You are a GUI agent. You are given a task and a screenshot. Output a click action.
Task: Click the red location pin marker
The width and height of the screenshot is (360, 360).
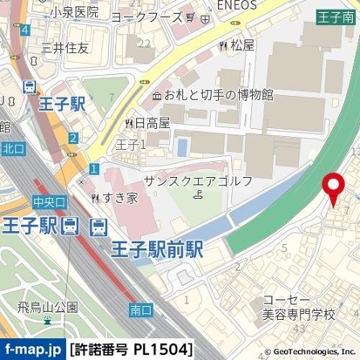(x=333, y=188)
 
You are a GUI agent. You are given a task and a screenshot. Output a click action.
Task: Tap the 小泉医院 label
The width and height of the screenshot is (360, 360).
(x=74, y=13)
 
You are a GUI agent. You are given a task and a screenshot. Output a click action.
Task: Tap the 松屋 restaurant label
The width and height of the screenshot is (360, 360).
(x=241, y=44)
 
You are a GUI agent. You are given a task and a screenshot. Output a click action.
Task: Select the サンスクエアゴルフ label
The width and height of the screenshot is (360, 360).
(x=199, y=180)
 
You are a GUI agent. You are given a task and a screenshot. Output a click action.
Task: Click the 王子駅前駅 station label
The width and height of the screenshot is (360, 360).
(x=157, y=248)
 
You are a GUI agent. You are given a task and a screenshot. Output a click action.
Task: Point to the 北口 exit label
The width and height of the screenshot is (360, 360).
(x=13, y=150)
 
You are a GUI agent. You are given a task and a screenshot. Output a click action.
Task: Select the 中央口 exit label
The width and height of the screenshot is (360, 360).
(x=49, y=201)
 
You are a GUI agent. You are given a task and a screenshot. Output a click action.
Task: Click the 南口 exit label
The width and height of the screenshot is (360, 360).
(x=140, y=309)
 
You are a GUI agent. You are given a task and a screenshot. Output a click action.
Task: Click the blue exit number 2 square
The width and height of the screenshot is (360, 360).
(x=74, y=138)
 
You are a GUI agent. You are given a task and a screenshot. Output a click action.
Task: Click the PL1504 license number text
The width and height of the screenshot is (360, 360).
(x=161, y=350)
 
